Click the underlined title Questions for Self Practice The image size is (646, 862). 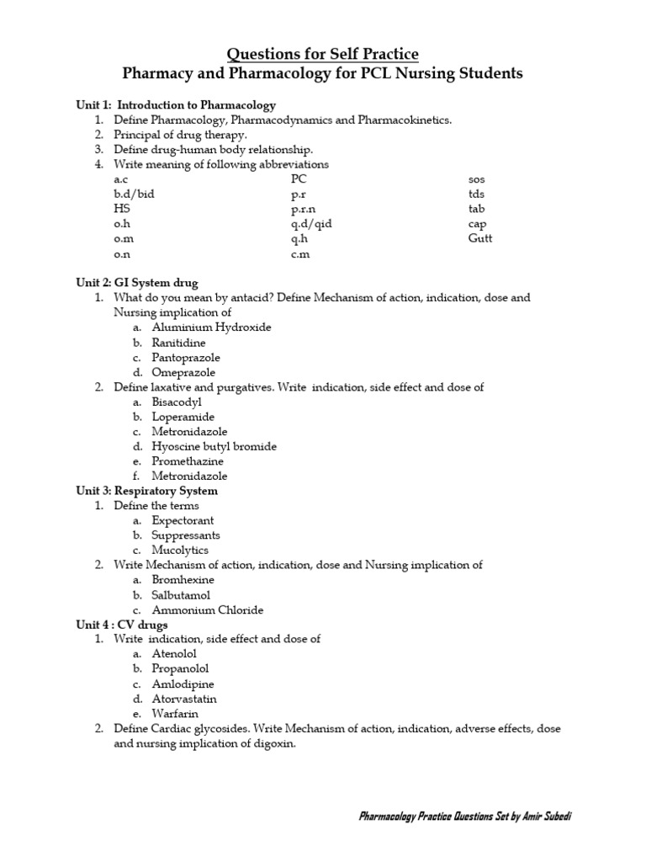point(323,55)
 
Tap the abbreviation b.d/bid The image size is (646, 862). point(134,194)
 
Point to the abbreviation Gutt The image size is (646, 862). point(480,238)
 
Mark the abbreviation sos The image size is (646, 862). point(476,179)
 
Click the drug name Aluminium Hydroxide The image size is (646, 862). point(211,327)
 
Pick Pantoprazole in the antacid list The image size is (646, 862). point(186,358)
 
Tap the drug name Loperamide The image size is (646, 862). point(183,417)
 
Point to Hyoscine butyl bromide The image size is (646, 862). point(214,446)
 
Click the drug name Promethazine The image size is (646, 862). point(188,461)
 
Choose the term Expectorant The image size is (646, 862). point(183,520)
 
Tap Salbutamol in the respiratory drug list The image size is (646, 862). point(181,595)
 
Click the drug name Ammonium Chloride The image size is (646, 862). point(207,609)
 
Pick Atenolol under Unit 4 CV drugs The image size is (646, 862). point(174,654)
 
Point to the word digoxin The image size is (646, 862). point(278,743)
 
